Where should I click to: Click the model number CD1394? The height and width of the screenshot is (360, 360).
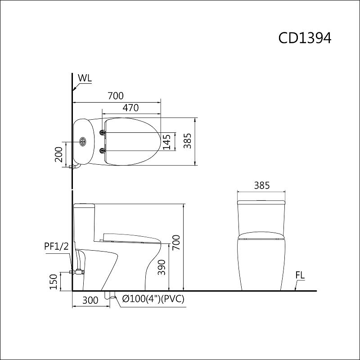tap(305, 38)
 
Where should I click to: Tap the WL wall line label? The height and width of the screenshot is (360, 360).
tap(84, 78)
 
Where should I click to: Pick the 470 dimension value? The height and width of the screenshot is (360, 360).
tap(130, 108)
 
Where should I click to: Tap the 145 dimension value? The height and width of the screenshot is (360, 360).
tap(167, 142)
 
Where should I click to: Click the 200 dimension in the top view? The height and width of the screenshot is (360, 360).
tap(58, 154)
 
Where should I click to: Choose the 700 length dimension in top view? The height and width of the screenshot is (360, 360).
tap(115, 95)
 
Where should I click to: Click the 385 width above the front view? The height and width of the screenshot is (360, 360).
tap(261, 185)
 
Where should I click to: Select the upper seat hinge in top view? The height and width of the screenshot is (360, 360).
tap(103, 133)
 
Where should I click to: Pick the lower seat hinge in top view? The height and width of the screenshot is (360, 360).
tap(103, 150)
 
